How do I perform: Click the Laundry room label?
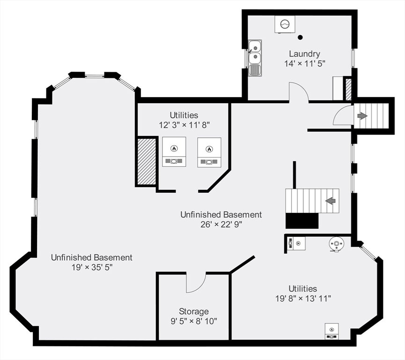pyautogui.click(x=304, y=54)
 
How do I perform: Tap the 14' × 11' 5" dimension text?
pyautogui.click(x=304, y=63)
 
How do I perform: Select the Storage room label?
pyautogui.click(x=194, y=311)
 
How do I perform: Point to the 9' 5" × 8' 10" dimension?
pyautogui.click(x=194, y=321)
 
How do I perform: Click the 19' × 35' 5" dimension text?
pyautogui.click(x=92, y=267)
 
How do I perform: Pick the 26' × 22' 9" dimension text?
pyautogui.click(x=221, y=224)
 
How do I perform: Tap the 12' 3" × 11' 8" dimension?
pyautogui.click(x=184, y=125)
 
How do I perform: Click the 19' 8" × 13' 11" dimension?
pyautogui.click(x=303, y=299)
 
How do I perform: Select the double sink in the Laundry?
pyautogui.click(x=255, y=58)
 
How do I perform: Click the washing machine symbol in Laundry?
pyautogui.click(x=285, y=24)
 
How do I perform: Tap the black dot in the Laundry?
pyautogui.click(x=300, y=37)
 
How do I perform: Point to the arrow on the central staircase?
pyautogui.click(x=331, y=201)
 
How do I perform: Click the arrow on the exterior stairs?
pyautogui.click(x=362, y=116)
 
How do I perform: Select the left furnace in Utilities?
pyautogui.click(x=174, y=151)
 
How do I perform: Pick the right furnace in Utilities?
pyautogui.click(x=209, y=152)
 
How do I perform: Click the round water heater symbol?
pyautogui.click(x=336, y=244)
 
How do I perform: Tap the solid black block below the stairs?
pyautogui.click(x=302, y=221)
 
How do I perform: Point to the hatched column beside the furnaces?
pyautogui.click(x=147, y=162)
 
